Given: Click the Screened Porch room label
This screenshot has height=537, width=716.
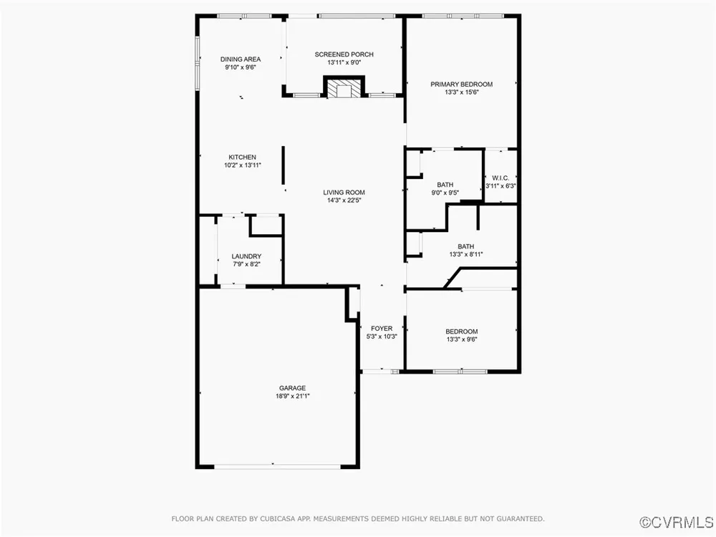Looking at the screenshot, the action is tap(344, 54).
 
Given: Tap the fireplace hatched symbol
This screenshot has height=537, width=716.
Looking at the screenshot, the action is tap(344, 89).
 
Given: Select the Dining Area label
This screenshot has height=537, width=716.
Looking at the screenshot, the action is tap(240, 59).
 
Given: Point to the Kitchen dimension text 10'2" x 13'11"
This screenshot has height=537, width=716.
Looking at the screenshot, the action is tap(243, 165).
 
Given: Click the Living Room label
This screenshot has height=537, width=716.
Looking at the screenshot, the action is tap(344, 193).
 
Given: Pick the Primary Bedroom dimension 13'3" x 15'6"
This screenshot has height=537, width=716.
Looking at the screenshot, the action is tap(462, 92).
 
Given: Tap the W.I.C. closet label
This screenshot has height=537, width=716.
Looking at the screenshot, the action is tap(500, 178).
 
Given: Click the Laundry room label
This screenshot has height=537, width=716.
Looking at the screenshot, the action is tap(246, 256).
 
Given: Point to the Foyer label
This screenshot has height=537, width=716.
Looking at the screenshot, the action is tap(382, 329).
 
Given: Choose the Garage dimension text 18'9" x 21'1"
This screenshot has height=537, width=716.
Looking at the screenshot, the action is tap(292, 397).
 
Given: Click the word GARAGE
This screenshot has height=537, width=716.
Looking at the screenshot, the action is tap(292, 388).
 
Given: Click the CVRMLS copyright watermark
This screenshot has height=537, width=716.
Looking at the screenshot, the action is tap(677, 522).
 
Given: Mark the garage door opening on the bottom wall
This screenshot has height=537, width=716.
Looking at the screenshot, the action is tap(277, 466).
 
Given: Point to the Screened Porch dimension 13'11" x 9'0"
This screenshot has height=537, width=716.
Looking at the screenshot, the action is tap(344, 62).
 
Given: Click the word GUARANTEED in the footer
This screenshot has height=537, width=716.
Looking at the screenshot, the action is tap(521, 518).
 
